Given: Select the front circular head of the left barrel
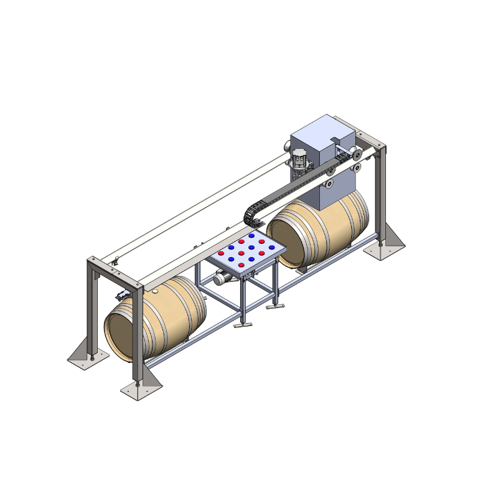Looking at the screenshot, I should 122,336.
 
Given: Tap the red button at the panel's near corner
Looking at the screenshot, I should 241,265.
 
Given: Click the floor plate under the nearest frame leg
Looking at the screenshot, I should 141,388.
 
